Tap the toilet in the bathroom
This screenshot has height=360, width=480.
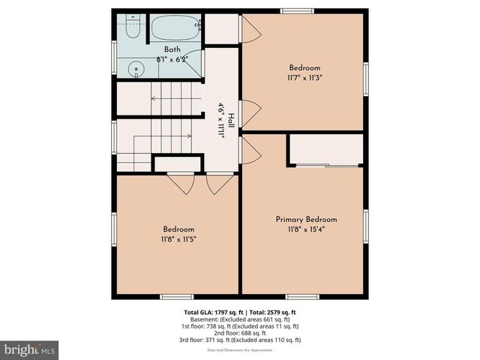click(130, 25)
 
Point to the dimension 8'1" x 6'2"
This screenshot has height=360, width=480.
click(172, 58)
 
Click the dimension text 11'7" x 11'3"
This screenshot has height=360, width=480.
click(304, 76)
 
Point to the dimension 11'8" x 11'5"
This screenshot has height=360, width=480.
click(178, 239)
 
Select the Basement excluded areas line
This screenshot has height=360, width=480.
click(240, 319)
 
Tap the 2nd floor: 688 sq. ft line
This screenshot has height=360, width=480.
click(240, 333)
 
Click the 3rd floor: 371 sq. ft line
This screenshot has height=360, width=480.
click(240, 340)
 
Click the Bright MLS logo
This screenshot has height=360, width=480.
click(30, 349)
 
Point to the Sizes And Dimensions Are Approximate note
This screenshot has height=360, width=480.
click(240, 348)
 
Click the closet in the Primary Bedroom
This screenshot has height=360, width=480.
click(325, 150)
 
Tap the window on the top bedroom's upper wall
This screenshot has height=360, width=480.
click(298, 10)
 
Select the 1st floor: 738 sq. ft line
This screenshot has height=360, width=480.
click(240, 326)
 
